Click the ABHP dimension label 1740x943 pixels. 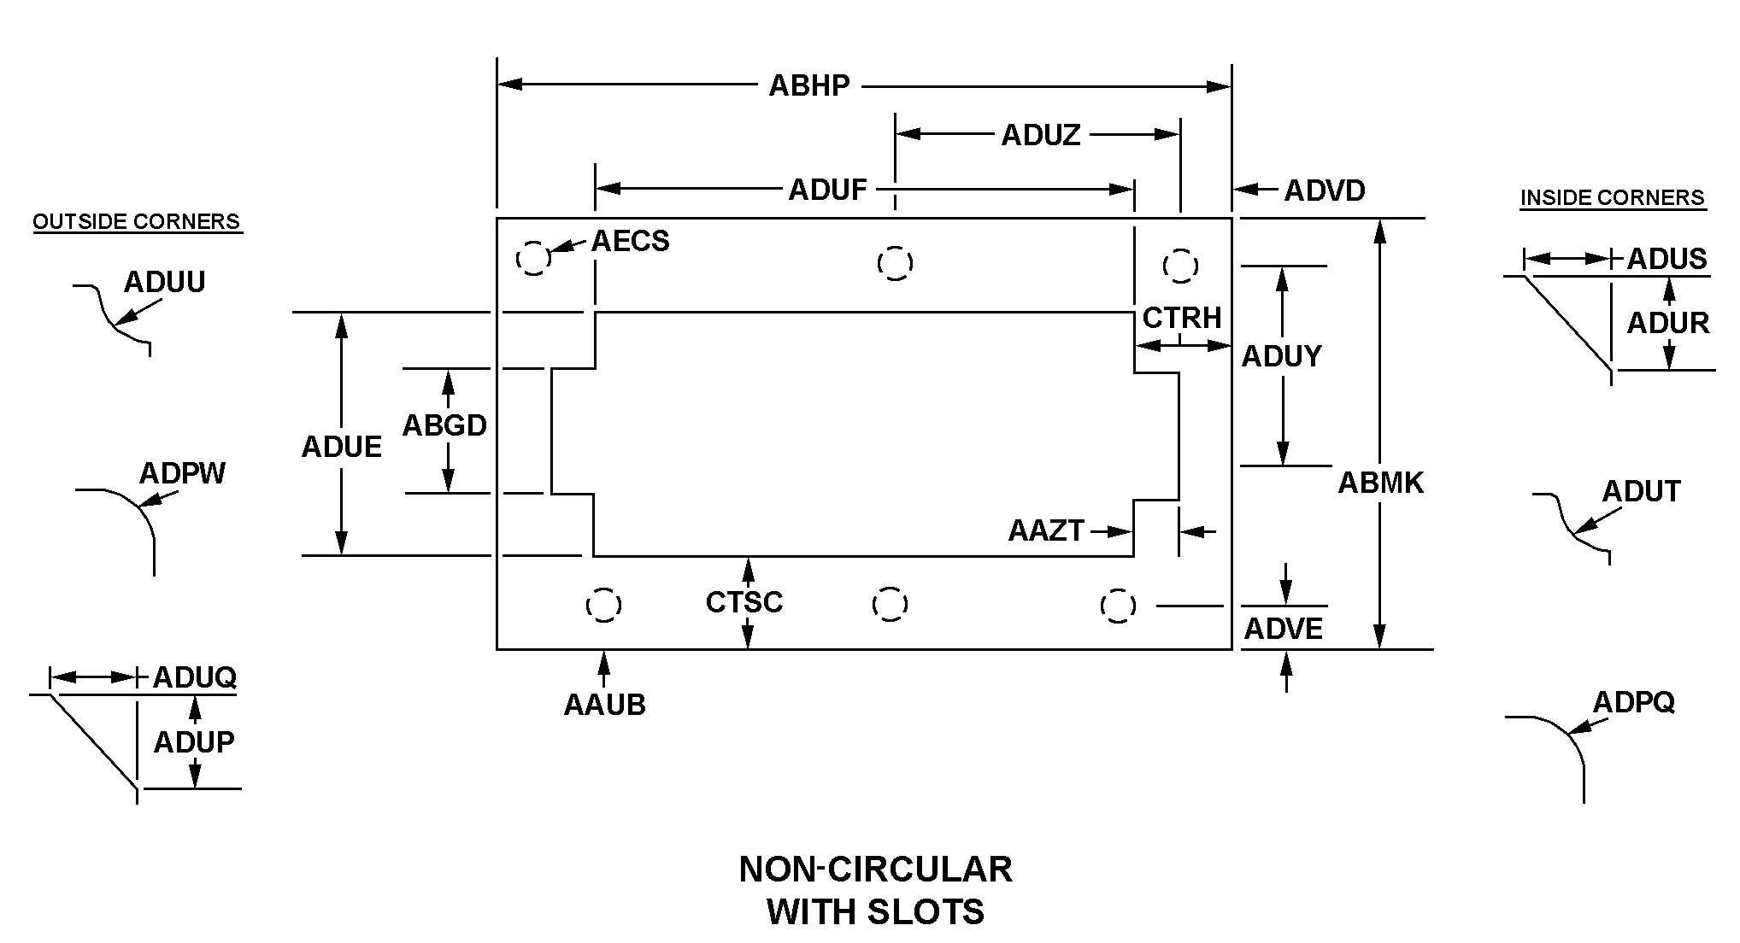pyautogui.click(x=808, y=85)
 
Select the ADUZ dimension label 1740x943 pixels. pyautogui.click(x=1040, y=135)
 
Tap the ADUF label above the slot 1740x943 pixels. pyautogui.click(x=827, y=189)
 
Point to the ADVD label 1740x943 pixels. pyautogui.click(x=1324, y=190)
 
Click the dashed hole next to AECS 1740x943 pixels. pyautogui.click(x=532, y=258)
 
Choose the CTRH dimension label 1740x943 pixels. pyautogui.click(x=1182, y=318)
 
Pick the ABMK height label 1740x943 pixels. pyautogui.click(x=1380, y=483)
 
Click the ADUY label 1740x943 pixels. pyautogui.click(x=1281, y=355)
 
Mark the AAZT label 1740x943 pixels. pyautogui.click(x=1045, y=531)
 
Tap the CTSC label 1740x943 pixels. pyautogui.click(x=744, y=602)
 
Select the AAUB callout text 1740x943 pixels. pyautogui.click(x=604, y=705)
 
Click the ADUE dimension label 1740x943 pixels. pyautogui.click(x=341, y=447)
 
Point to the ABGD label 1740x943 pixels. pyautogui.click(x=444, y=425)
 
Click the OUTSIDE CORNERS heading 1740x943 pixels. pyautogui.click(x=137, y=222)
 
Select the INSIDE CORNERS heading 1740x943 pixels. pyautogui.click(x=1612, y=198)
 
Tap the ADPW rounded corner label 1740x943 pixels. pyautogui.click(x=182, y=472)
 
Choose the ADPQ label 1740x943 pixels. pyautogui.click(x=1633, y=702)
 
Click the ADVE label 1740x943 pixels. pyautogui.click(x=1283, y=630)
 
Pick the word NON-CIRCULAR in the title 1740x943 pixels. pyautogui.click(x=875, y=870)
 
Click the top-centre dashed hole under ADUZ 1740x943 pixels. pyautogui.click(x=895, y=262)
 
